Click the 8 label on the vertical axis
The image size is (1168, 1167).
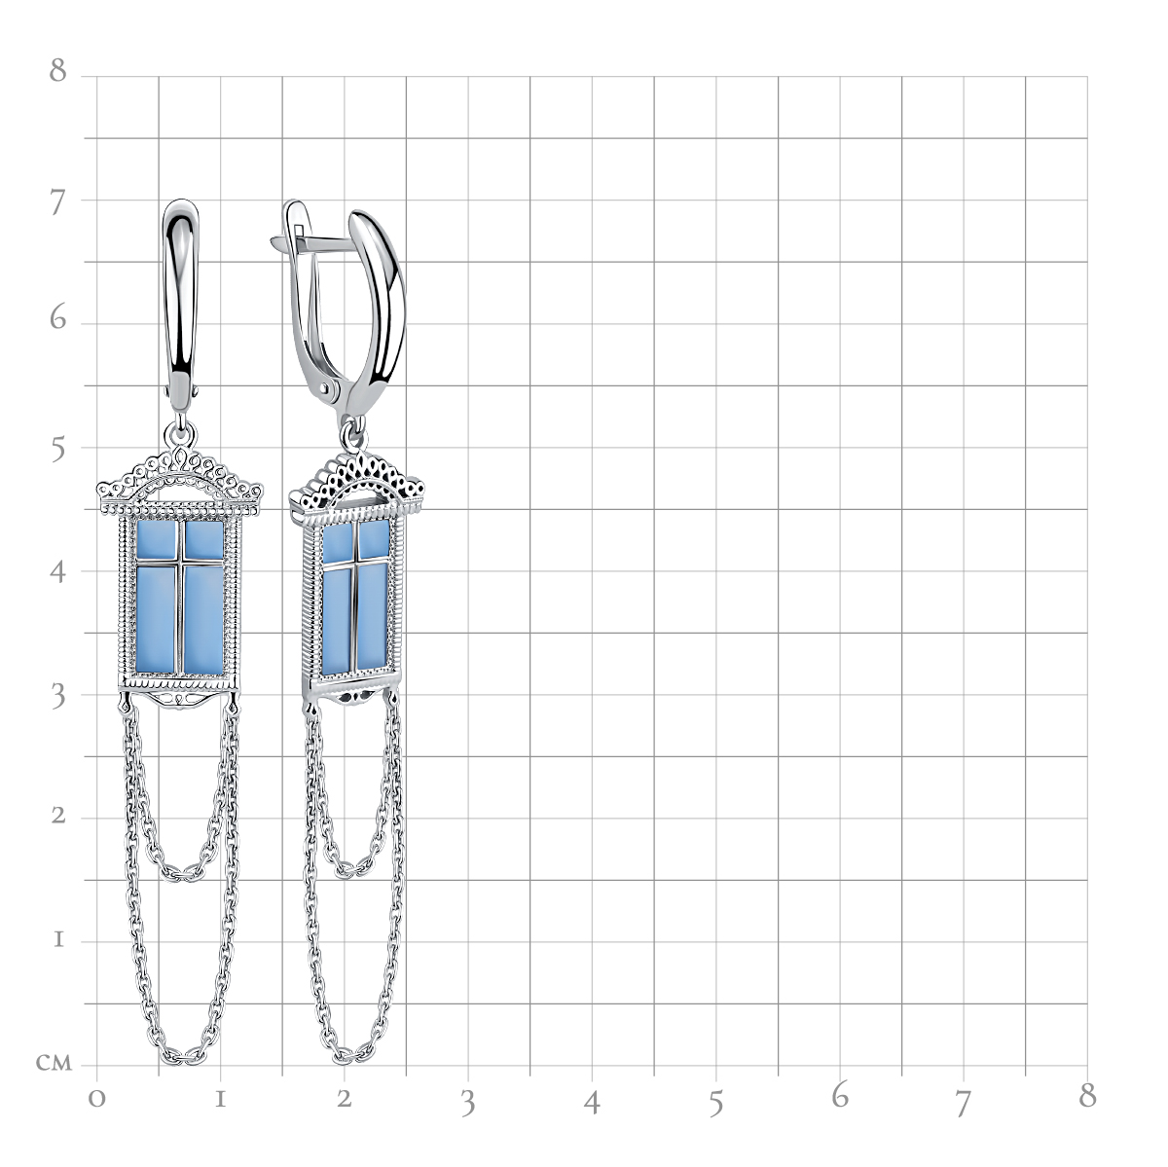tap(58, 70)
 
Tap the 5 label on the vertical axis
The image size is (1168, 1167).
tap(58, 450)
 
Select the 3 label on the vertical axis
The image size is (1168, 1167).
tap(58, 697)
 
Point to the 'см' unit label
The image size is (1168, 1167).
tap(54, 1063)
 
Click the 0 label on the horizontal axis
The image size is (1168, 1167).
tap(97, 1100)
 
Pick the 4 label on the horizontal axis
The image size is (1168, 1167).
tap(592, 1102)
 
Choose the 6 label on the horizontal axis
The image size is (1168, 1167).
tap(839, 1096)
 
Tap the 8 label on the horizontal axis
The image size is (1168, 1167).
tap(1087, 1096)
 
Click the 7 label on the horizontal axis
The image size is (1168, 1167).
tap(964, 1103)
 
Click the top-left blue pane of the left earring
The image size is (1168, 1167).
tap(156, 540)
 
